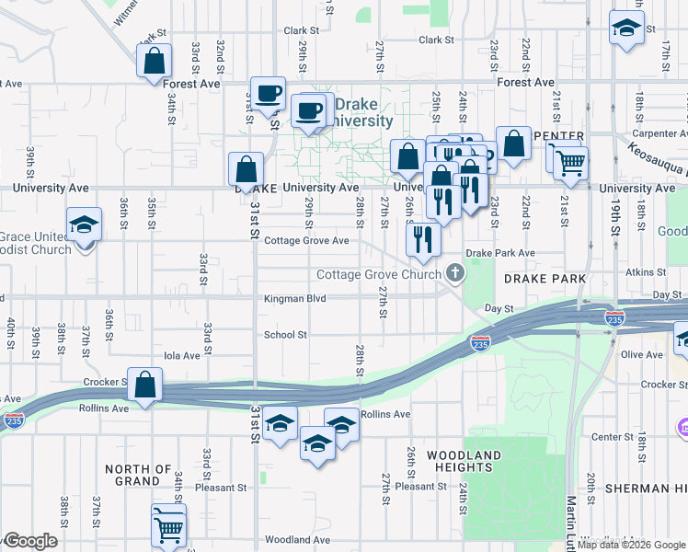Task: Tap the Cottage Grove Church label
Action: [378, 274]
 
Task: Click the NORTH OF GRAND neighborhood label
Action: [138, 475]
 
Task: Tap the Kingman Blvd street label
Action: [295, 298]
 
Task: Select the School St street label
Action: [285, 335]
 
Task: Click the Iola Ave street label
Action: [181, 355]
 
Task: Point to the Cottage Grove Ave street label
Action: [306, 241]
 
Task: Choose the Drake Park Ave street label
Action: [499, 252]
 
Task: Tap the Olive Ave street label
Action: [641, 354]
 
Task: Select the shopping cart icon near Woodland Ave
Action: [168, 523]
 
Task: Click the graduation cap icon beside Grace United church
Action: [84, 225]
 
